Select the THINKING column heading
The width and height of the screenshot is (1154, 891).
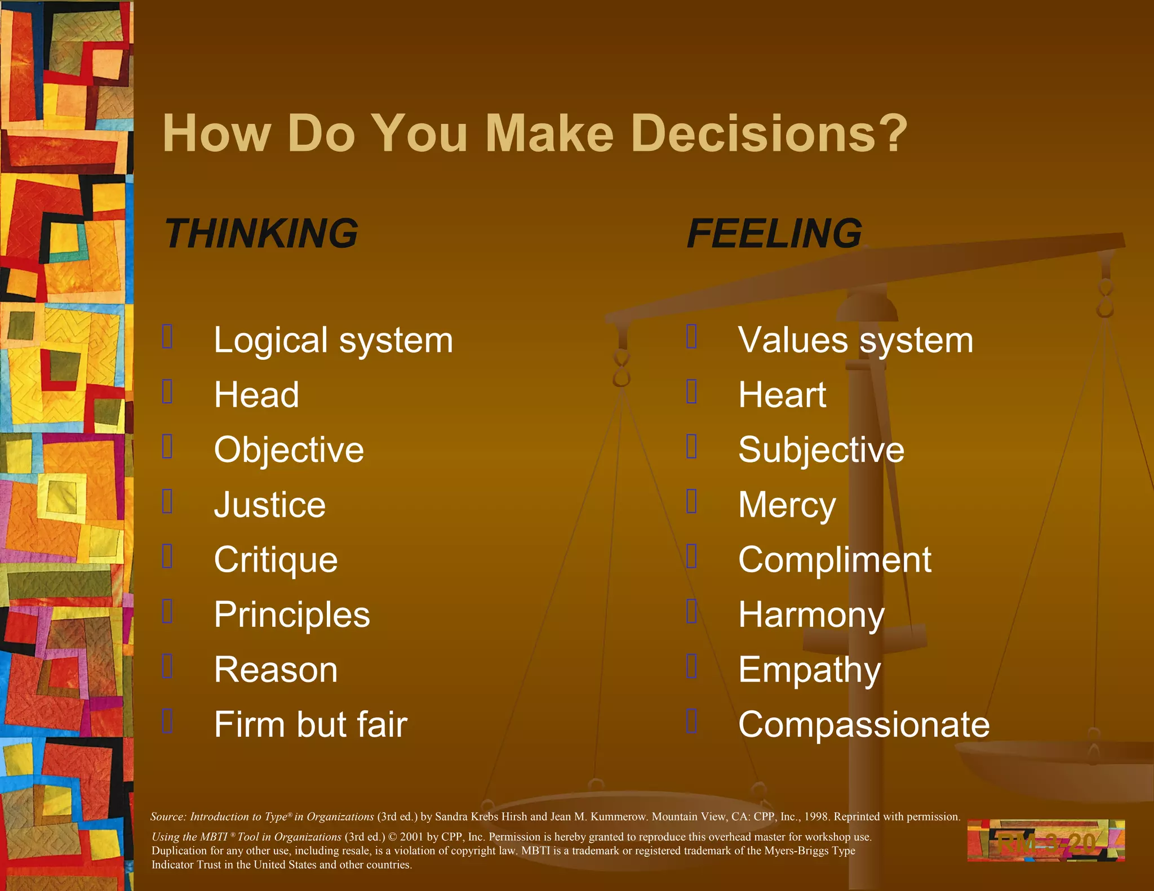point(261,234)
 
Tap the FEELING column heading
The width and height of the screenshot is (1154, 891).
point(774,234)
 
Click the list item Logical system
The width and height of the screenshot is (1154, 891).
point(333,341)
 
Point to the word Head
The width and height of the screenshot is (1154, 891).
point(256,395)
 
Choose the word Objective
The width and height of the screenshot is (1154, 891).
point(289,450)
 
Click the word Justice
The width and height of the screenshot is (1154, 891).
point(270,505)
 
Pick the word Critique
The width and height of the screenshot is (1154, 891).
point(276,560)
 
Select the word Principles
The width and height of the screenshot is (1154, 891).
point(292,614)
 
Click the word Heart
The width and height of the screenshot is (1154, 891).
point(782,395)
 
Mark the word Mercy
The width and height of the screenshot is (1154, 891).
point(787,505)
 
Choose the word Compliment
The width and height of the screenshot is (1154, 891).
point(835,560)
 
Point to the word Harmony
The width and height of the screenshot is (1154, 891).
point(811,614)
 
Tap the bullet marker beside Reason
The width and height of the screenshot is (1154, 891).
point(167,666)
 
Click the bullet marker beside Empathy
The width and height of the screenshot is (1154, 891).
point(692,666)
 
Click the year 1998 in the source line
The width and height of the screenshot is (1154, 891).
point(816,817)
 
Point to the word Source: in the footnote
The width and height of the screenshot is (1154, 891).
point(168,817)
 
